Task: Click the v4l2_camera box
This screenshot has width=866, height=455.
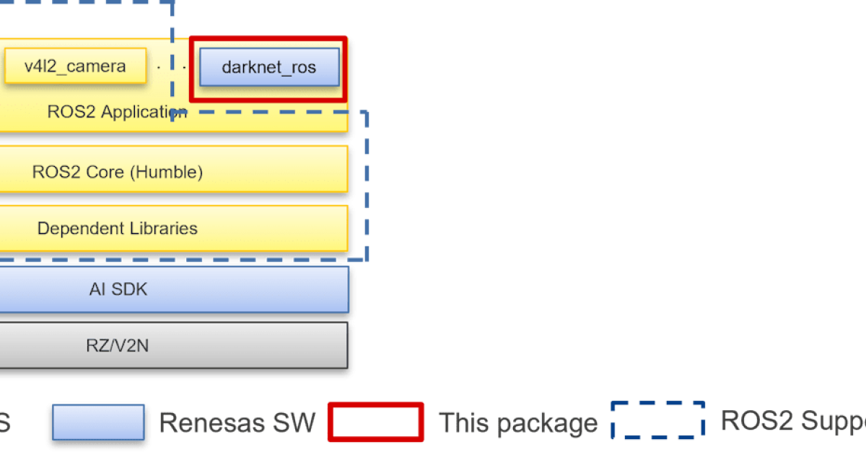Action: coord(75,67)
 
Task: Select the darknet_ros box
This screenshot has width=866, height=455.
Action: coord(268,68)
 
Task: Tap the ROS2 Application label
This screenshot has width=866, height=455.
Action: coord(116,112)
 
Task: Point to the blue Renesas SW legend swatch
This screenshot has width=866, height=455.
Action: coord(98,422)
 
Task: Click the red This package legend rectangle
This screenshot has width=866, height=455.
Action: coord(375,422)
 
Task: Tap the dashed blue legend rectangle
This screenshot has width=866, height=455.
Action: coord(657,420)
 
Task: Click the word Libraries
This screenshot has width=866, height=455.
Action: coord(164,228)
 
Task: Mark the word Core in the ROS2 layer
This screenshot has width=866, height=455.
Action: coord(96,172)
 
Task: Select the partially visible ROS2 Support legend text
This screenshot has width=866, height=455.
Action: coord(792,421)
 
